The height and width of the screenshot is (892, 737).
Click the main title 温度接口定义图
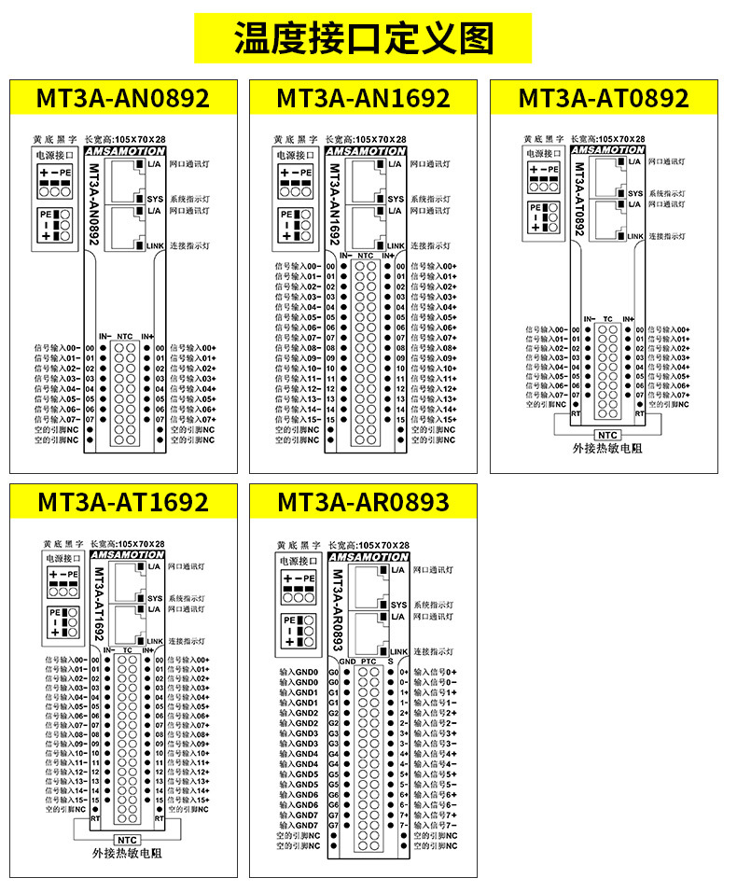pyautogui.click(x=363, y=38)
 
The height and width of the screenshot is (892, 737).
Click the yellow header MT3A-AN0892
pyautogui.click(x=123, y=98)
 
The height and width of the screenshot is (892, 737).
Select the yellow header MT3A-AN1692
pyautogui.click(x=363, y=98)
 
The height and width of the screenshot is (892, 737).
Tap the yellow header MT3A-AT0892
pyautogui.click(x=604, y=98)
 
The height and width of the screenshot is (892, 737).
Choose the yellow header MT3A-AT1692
pyautogui.click(x=123, y=502)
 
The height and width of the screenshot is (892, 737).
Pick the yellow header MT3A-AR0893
pyautogui.click(x=363, y=502)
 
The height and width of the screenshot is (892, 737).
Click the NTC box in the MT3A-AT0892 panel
pyautogui.click(x=607, y=434)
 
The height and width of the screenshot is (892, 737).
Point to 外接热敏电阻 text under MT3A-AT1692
pyautogui.click(x=127, y=853)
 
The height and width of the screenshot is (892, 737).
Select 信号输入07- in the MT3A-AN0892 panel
pyautogui.click(x=58, y=419)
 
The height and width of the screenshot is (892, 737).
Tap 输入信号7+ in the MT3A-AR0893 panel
pyautogui.click(x=435, y=815)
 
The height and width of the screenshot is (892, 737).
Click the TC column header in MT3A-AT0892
pyautogui.click(x=607, y=318)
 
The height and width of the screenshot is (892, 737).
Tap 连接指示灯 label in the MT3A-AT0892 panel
pyautogui.click(x=667, y=237)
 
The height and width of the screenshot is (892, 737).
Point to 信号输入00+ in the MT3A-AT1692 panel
pyautogui.click(x=189, y=660)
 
